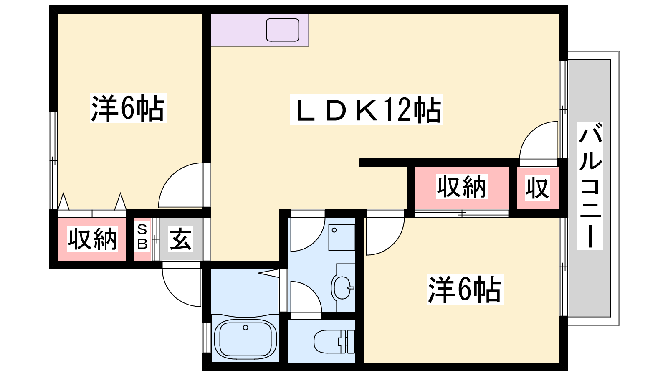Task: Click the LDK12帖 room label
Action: (x=367, y=109)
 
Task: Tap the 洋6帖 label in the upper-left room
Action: (x=128, y=108)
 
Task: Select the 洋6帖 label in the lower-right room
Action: (x=465, y=290)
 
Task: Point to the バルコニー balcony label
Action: (x=590, y=185)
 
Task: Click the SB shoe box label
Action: (x=142, y=237)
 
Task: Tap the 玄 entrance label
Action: (x=180, y=239)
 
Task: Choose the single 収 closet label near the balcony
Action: (x=537, y=188)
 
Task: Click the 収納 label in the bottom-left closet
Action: (x=92, y=239)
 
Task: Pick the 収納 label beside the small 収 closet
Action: (x=462, y=186)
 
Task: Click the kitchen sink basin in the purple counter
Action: (x=282, y=30)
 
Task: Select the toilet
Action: (x=334, y=341)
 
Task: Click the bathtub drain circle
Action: (x=245, y=328)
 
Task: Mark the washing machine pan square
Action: (x=342, y=238)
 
